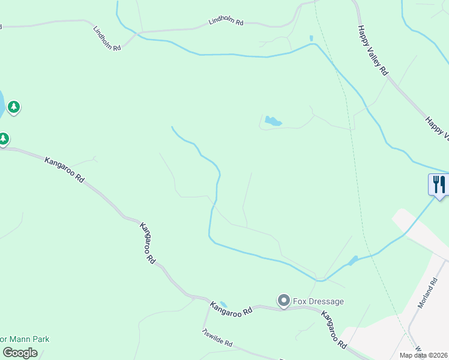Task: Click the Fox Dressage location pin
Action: [x=283, y=300]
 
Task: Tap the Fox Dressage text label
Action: [x=318, y=301]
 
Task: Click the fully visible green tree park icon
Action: [x=14, y=107]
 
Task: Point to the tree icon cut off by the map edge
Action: [x=3, y=139]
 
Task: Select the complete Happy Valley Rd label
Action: [x=372, y=49]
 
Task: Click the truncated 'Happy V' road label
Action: [x=437, y=127]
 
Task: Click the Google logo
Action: [x=20, y=353]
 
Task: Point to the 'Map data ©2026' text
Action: [x=424, y=355]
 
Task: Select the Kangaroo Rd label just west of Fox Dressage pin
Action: [x=230, y=310]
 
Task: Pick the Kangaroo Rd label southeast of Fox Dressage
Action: [x=334, y=330]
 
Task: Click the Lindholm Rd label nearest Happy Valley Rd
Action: [x=226, y=22]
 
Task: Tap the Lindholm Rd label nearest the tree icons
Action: [x=107, y=38]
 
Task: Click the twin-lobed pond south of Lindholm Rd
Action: [x=273, y=122]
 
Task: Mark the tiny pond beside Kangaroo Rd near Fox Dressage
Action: [x=223, y=304]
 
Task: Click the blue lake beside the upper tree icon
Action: [x=2, y=103]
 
